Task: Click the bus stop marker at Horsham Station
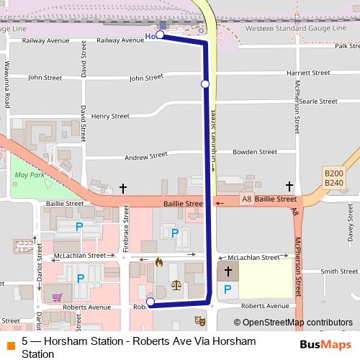tap(160, 35)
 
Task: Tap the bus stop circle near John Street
tap(205, 84)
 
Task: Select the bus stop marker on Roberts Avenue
tap(150, 302)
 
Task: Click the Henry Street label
tap(110, 116)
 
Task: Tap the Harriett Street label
tap(307, 73)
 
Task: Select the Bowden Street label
tap(256, 153)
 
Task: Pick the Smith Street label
tap(339, 271)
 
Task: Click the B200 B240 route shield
tap(333, 178)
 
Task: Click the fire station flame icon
tap(159, 262)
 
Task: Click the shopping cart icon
tap(57, 296)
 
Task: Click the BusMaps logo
tap(325, 344)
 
